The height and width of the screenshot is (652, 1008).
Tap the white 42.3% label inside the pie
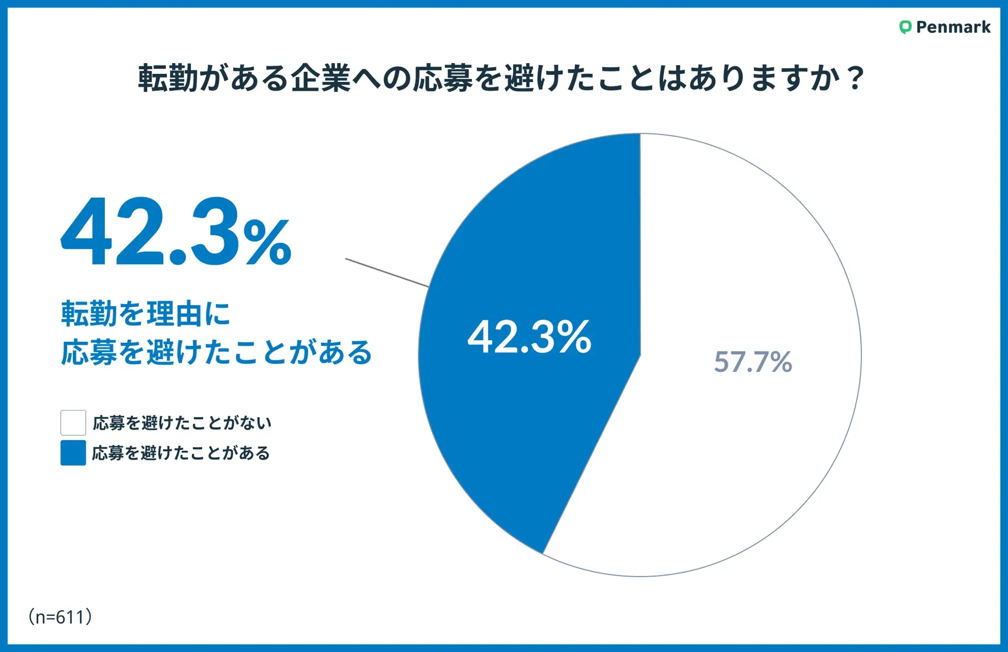529,337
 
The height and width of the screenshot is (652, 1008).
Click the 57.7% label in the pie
753,361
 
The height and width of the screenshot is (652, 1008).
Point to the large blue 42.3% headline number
176,233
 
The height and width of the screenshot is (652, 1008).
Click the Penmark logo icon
905,27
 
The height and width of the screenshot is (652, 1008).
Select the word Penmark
953,27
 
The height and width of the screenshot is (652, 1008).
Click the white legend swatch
73,423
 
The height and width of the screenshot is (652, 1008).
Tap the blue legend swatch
73,453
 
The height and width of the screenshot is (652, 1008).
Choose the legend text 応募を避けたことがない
182,423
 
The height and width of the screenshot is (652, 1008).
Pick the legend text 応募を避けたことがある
181,453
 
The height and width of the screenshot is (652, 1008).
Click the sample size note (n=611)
60,617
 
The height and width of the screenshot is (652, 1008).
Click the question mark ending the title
856,79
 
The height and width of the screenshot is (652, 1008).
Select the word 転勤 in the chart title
168,79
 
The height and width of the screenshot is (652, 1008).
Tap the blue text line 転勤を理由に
146,314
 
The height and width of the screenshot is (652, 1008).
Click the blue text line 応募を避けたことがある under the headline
217,353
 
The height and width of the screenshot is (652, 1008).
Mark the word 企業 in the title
320,79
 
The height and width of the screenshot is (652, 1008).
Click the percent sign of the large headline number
267,242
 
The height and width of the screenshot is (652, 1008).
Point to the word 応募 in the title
443,79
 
